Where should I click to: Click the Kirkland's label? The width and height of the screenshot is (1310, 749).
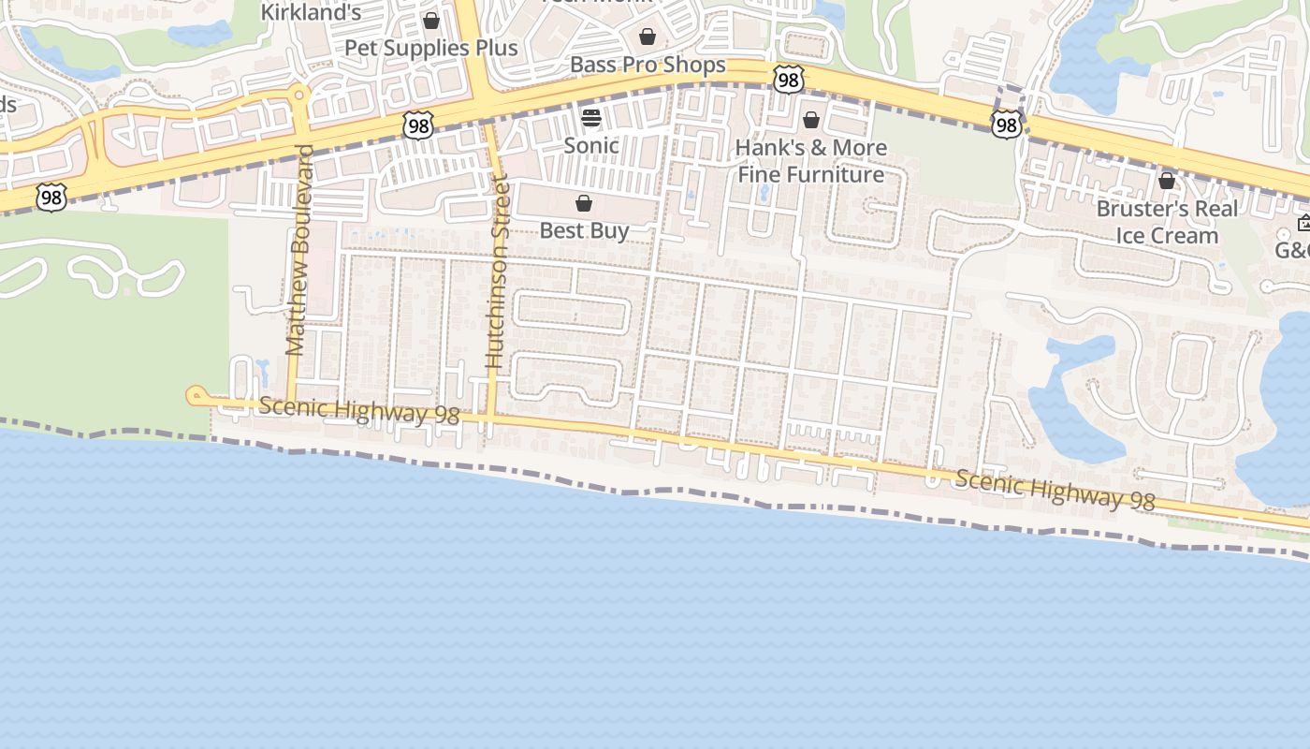tap(311, 12)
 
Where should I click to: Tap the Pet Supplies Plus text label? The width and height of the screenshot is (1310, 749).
tap(431, 48)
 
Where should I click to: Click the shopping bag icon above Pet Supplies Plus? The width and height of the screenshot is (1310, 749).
tap(431, 21)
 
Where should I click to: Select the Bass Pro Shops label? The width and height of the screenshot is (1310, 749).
tap(648, 65)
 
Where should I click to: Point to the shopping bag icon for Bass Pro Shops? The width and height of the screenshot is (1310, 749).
tap(648, 37)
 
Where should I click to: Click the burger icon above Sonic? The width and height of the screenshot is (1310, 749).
tap(591, 118)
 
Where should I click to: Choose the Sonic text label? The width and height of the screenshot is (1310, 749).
tap(591, 145)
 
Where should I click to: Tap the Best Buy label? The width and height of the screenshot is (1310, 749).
tap(584, 230)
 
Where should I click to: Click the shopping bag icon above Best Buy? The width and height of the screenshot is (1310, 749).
tap(584, 203)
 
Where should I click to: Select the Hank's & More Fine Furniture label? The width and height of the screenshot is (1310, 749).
tap(811, 161)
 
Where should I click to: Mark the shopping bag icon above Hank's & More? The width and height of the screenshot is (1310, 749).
tap(811, 120)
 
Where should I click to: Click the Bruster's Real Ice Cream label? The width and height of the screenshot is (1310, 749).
tap(1167, 222)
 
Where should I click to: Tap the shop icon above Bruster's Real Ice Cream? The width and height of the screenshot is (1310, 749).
tap(1167, 181)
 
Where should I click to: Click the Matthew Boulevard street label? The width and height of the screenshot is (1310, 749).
tap(298, 250)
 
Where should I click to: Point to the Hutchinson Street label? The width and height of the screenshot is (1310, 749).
tap(496, 272)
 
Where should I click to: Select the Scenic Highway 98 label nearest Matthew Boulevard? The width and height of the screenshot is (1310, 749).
tap(359, 411)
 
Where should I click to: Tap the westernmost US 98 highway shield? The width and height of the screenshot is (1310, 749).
tap(51, 198)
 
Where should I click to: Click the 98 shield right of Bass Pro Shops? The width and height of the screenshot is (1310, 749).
tap(789, 81)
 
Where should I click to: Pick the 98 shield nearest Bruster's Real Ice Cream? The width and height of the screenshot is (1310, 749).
tap(1006, 124)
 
